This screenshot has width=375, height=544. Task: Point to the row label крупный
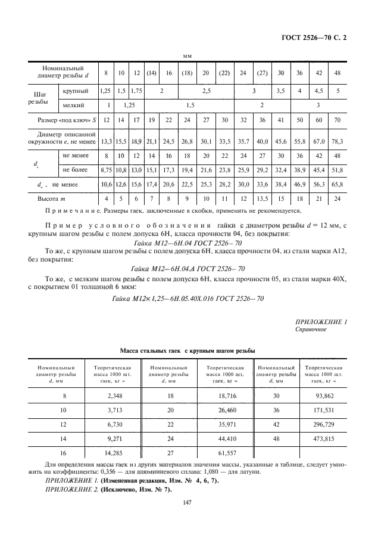click(76, 91)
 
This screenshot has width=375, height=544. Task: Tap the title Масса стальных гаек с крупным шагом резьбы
click(187, 351)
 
